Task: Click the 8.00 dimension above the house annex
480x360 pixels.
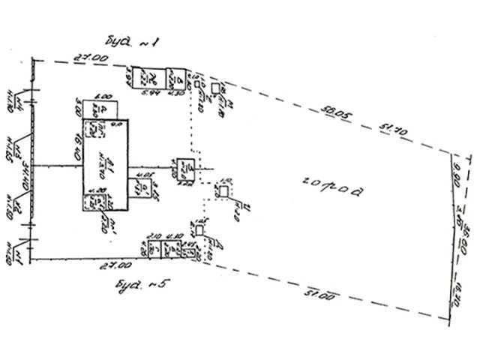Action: coord(104,96)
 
